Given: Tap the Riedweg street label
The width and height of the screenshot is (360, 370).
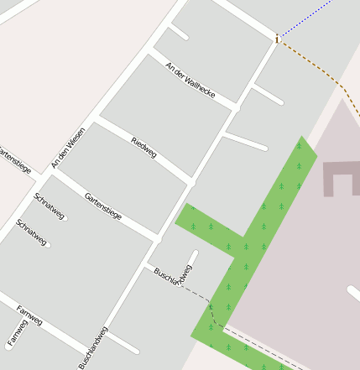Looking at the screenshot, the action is [144, 146].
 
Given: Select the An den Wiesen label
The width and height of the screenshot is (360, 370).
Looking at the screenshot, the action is [69, 147].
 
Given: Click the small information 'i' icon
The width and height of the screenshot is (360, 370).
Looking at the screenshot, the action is [276, 38].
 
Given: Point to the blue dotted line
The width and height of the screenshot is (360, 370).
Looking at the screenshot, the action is [306, 18].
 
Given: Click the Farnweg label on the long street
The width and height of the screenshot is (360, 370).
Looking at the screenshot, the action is [29, 315].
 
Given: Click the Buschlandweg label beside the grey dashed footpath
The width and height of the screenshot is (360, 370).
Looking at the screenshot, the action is [175, 277].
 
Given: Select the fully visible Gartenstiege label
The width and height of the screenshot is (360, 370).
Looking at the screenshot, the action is [103, 206].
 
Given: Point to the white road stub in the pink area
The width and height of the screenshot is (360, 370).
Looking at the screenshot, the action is [354, 293].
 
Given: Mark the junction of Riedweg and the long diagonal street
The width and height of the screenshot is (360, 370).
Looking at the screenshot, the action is [192, 181].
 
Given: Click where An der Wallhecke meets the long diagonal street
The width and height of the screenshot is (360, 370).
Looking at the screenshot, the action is [237, 107].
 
